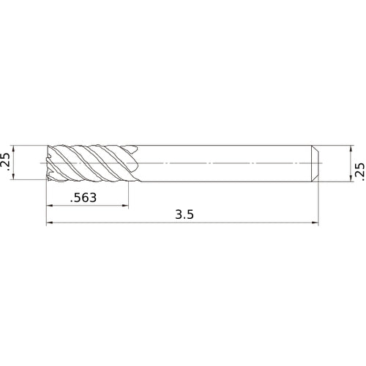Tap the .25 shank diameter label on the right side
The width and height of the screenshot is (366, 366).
(358, 171)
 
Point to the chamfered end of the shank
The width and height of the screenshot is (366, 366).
(315, 162)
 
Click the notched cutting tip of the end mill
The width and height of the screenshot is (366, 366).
(49, 162)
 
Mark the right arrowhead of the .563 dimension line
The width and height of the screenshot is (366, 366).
(126, 206)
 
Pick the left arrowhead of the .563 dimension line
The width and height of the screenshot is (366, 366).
(50, 206)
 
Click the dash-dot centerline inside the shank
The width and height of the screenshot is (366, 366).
(220, 161)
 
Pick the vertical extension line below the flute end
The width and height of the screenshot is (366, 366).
(129, 194)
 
